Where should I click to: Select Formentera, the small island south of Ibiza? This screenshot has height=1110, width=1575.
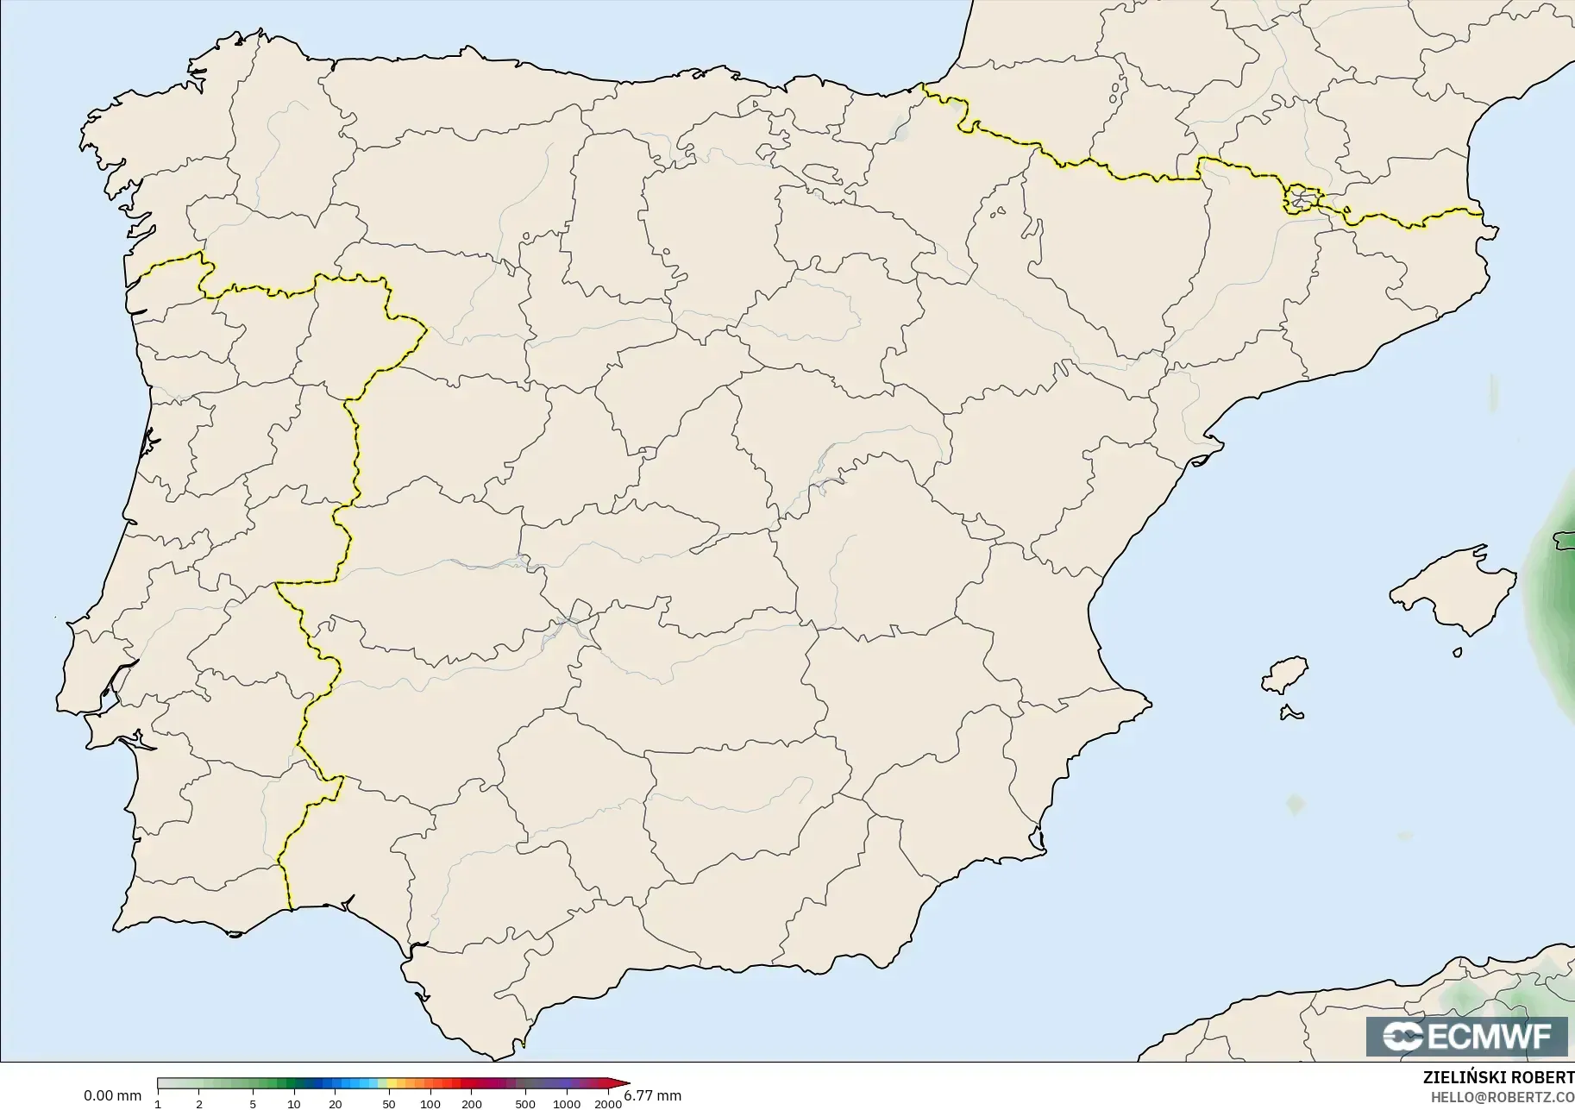(1291, 712)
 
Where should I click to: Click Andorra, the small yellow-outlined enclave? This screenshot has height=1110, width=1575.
(1301, 199)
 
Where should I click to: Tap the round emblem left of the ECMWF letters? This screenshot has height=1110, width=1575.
(1402, 1036)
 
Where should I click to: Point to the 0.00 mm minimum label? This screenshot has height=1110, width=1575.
(112, 1096)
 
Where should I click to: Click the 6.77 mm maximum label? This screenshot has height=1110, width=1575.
(653, 1096)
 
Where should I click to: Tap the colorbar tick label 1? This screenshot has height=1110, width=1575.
(158, 1104)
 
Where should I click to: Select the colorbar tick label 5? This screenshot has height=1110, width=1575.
(253, 1104)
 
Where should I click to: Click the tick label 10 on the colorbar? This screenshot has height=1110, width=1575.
(294, 1104)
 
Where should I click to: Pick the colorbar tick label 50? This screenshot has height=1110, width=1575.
(389, 1104)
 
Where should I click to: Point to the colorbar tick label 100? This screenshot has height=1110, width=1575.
(430, 1104)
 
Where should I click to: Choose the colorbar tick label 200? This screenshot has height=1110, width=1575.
(471, 1104)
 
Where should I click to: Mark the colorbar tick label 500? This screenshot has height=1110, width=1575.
(524, 1104)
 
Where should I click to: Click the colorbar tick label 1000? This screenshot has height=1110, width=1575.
(566, 1104)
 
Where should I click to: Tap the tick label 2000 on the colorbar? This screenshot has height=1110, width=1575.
(608, 1104)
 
